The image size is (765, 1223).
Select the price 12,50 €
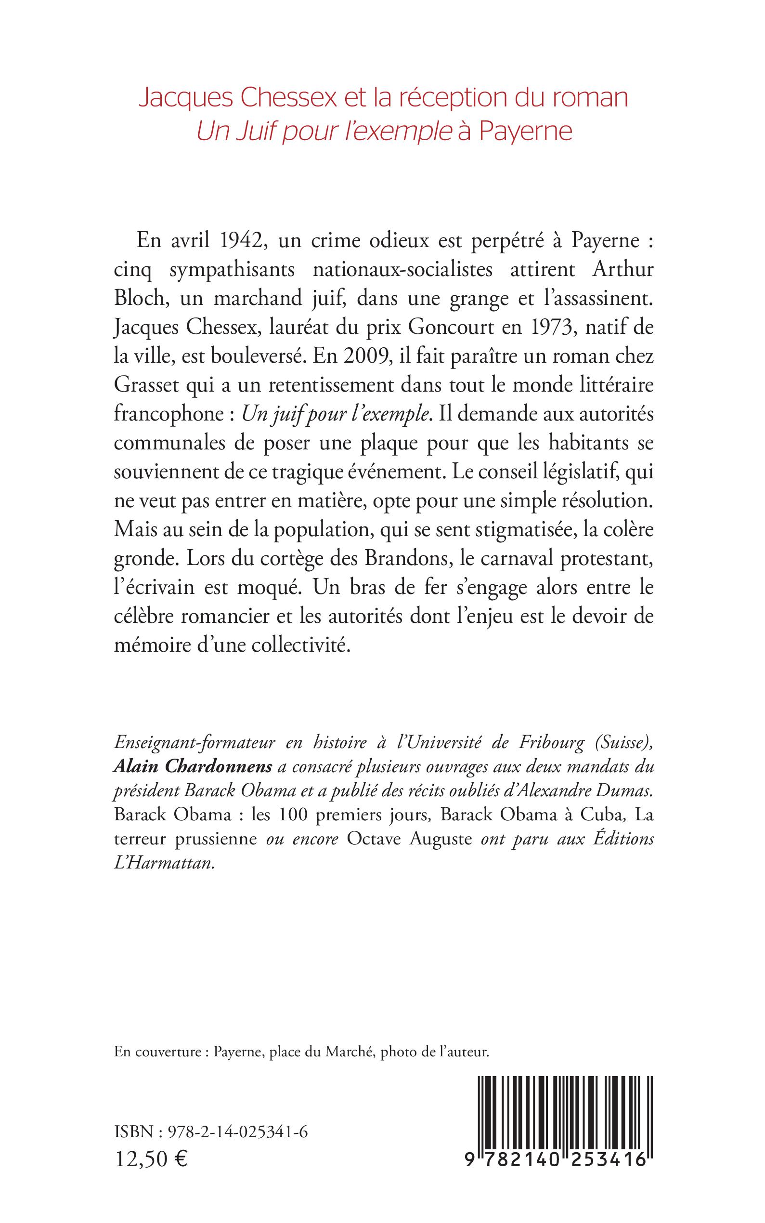click(151, 1156)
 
